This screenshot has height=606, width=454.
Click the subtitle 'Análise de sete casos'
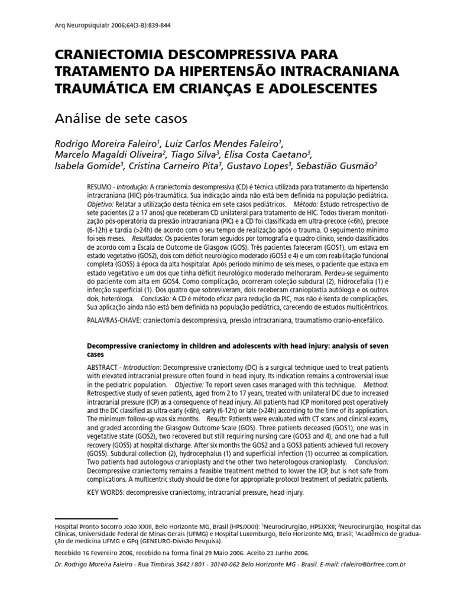coord(121,119)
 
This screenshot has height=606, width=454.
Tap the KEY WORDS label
coord(108,492)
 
